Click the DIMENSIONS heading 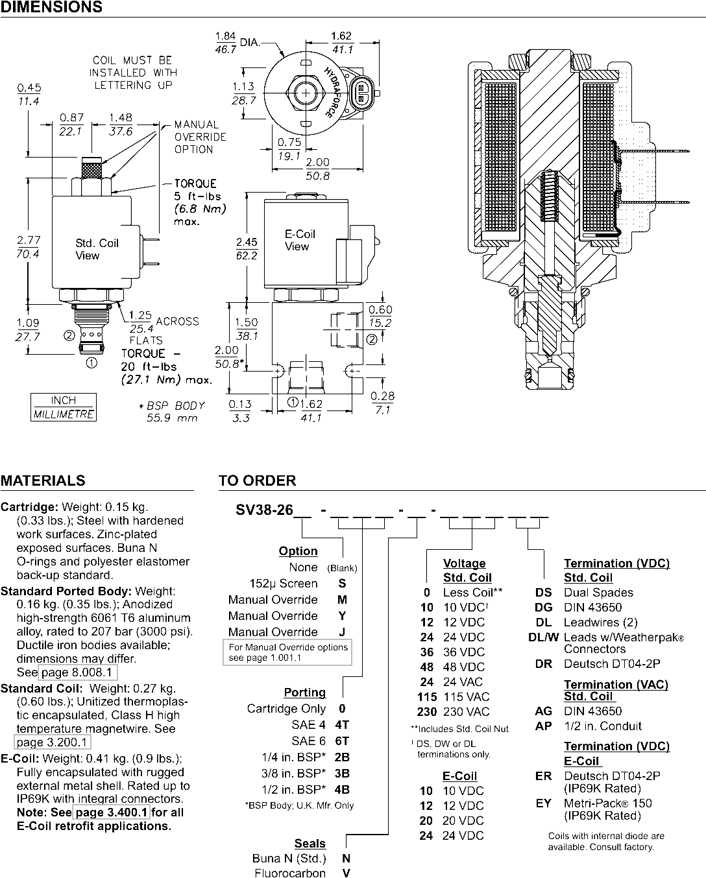point(51,7)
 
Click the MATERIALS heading point(43,481)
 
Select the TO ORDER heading point(257,481)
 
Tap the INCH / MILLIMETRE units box point(64,407)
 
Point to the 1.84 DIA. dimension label point(237,42)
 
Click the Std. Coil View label point(97,249)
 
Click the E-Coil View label point(300,241)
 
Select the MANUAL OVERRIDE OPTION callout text point(200,137)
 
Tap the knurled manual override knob point(91,169)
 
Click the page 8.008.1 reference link point(78,672)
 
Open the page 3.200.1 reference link point(53,742)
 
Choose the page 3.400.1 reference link point(112,812)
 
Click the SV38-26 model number point(264,510)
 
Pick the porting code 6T point(342,741)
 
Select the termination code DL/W point(543,637)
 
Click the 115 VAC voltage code point(427,697)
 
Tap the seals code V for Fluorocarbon point(347,873)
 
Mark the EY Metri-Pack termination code point(544,803)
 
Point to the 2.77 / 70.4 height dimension point(28,247)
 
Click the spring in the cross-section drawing point(550,196)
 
